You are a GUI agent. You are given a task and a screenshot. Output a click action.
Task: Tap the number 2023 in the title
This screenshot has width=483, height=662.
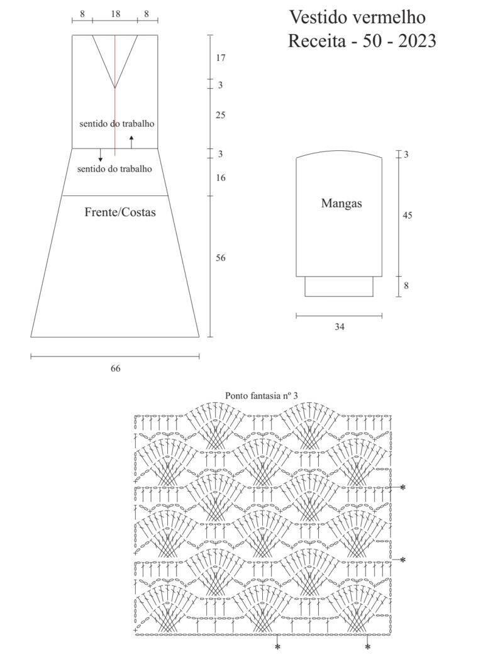[x=417, y=41]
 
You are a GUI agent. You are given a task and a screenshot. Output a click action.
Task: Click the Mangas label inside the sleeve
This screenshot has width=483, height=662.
[x=341, y=204]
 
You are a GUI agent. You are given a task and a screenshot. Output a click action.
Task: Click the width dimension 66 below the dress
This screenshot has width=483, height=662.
[x=115, y=368]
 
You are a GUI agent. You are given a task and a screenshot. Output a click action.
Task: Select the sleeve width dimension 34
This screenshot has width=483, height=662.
[x=339, y=326]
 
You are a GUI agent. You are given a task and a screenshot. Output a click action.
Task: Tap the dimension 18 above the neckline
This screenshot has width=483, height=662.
[x=115, y=14]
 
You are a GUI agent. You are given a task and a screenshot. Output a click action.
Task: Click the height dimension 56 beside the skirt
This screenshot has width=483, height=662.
[x=220, y=258]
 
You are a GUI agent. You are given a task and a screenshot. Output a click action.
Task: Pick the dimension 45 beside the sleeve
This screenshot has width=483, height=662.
[x=407, y=215]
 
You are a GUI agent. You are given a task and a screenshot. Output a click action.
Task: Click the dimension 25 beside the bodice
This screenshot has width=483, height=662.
[x=220, y=115]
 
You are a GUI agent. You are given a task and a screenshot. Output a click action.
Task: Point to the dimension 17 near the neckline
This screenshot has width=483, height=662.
[x=220, y=58]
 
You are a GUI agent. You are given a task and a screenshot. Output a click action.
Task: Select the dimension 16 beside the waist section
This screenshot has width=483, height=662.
[x=220, y=177]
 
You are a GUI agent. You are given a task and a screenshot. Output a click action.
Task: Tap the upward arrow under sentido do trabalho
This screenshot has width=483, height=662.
[x=131, y=142]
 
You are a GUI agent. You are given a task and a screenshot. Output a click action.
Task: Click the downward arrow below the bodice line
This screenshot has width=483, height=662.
[x=101, y=155]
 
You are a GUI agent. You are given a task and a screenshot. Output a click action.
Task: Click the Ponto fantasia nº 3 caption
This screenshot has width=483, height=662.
[x=262, y=395]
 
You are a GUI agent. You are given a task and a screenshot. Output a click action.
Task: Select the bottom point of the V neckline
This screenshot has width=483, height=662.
[x=115, y=88]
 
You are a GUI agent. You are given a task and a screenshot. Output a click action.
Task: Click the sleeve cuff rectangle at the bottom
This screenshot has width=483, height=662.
[x=339, y=287]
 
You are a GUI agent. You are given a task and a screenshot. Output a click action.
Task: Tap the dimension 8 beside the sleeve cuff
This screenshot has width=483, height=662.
[x=406, y=285]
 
